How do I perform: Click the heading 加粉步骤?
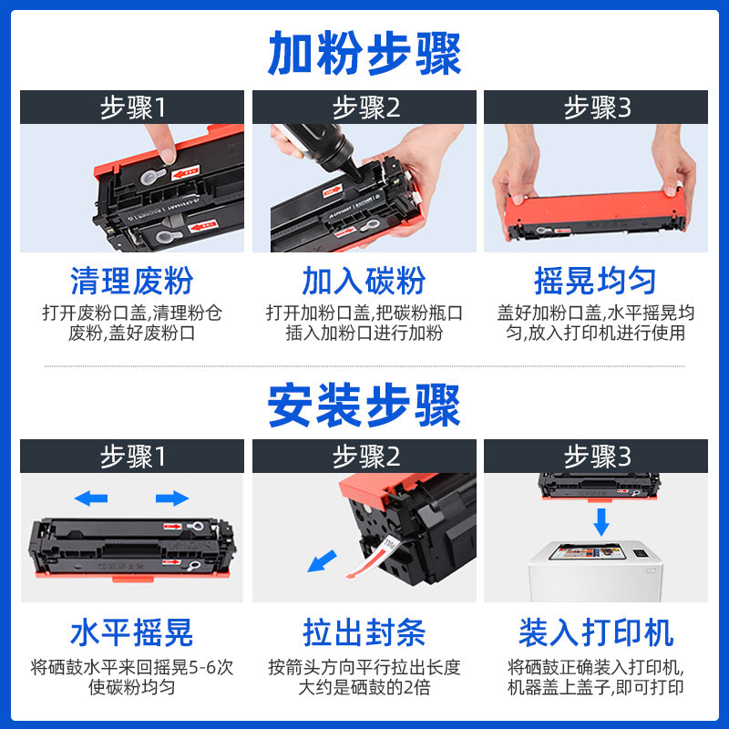[x=364, y=53]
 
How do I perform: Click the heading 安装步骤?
[x=364, y=406]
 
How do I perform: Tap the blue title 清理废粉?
[x=132, y=281]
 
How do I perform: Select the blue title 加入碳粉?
[x=364, y=281]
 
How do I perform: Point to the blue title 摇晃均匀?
[x=595, y=281]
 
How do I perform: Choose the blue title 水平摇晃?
[x=132, y=631]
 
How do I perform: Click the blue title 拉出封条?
[x=364, y=631]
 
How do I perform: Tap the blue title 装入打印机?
[x=595, y=631]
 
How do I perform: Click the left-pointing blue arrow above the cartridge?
[x=90, y=498]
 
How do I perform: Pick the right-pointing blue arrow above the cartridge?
[x=172, y=498]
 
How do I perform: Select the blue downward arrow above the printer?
[x=601, y=522]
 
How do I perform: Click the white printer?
[x=601, y=570]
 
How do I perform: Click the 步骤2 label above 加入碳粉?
[x=364, y=108]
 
